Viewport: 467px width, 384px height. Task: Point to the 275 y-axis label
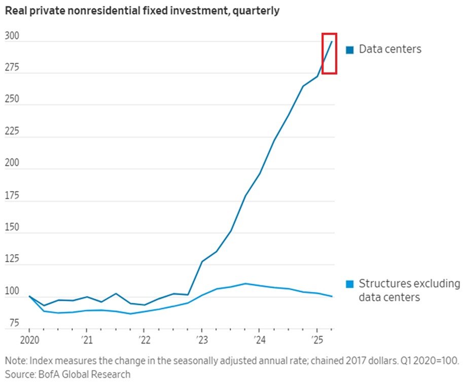point(12,67)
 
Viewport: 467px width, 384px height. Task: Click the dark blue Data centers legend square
point(349,50)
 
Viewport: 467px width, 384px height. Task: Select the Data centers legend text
point(390,49)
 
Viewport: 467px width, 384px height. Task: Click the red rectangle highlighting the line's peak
point(330,53)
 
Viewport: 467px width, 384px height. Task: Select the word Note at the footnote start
point(16,361)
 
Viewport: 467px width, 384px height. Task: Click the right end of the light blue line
point(332,296)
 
